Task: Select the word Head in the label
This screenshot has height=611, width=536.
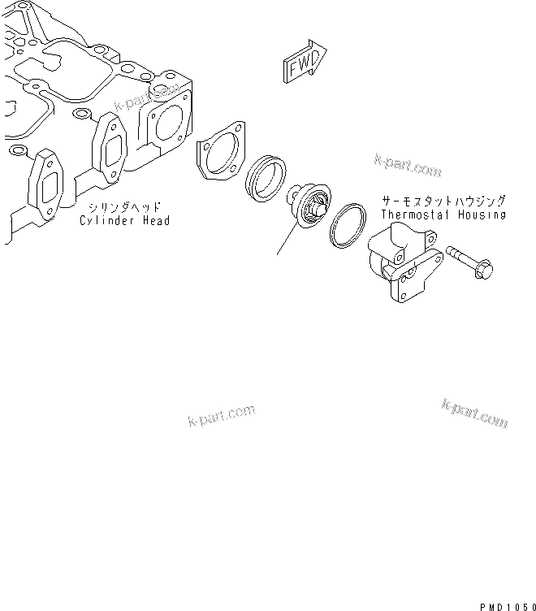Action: pyautogui.click(x=155, y=220)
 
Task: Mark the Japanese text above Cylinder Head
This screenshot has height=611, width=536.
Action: pyautogui.click(x=126, y=207)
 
